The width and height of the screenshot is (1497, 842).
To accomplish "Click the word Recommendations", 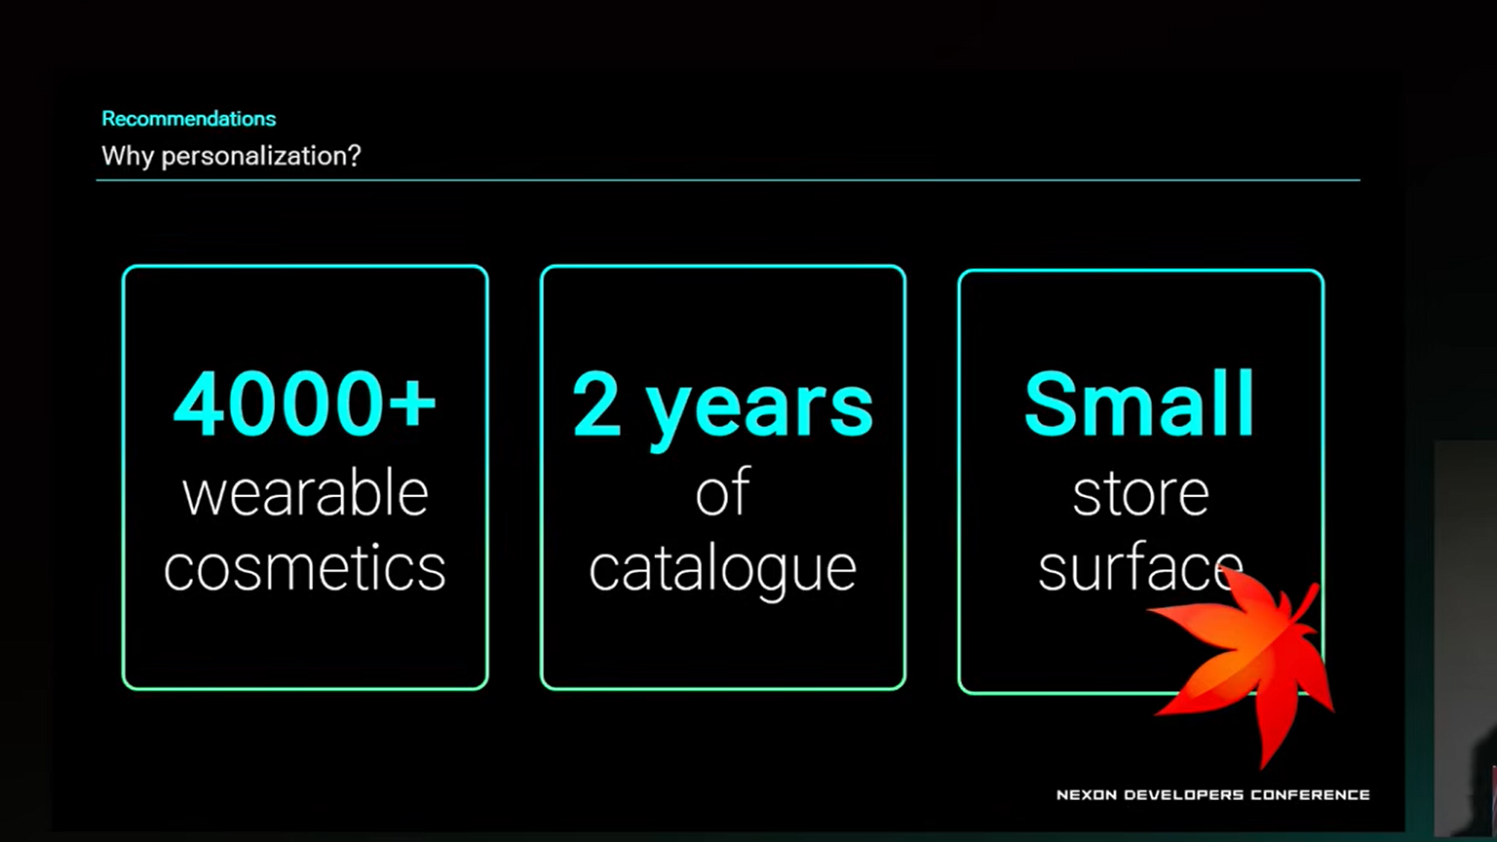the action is point(188,119).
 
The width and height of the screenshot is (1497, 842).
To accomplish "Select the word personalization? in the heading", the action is point(261,157).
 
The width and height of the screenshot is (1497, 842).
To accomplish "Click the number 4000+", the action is point(305,404).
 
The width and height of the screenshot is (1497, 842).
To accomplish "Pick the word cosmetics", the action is point(305,567).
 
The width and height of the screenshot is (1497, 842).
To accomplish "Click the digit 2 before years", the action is point(596,404).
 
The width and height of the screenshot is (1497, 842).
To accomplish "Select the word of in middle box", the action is point(722,492).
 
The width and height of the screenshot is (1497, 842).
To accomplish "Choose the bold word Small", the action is point(1139,404).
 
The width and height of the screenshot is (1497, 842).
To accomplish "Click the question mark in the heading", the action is point(354,156).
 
